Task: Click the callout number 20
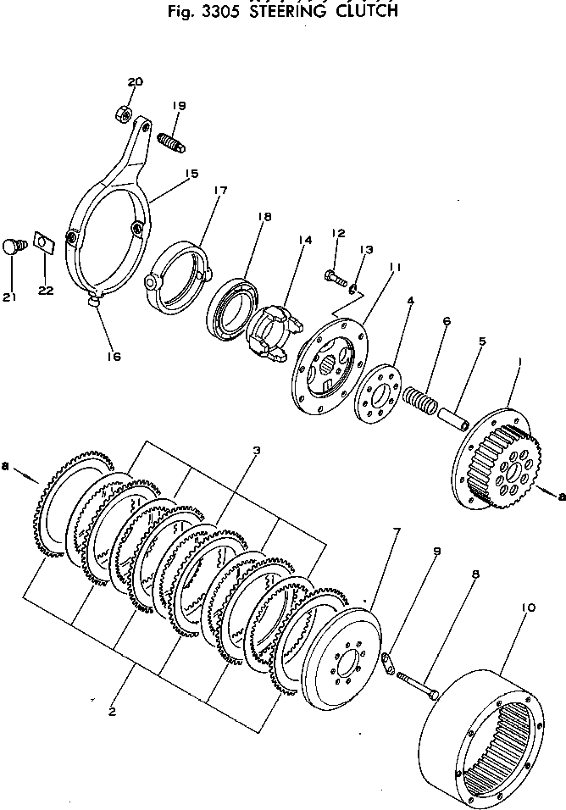[136, 81]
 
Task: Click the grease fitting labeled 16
[94, 301]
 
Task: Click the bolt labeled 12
[333, 275]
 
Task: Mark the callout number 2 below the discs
[112, 711]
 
